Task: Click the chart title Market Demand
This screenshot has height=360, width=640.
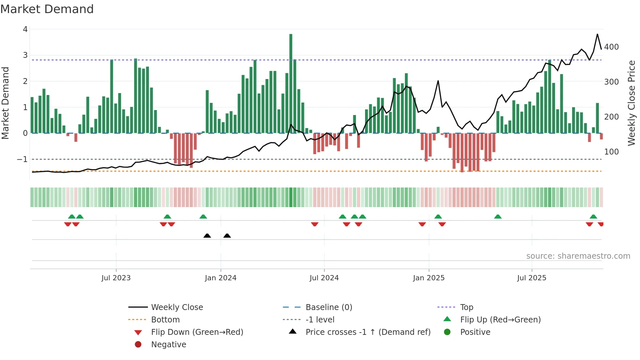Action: [x=47, y=9]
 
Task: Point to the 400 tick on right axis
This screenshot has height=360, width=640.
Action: [x=611, y=47]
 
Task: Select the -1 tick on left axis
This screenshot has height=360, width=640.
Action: [x=22, y=159]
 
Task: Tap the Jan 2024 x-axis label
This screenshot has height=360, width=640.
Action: [x=220, y=278]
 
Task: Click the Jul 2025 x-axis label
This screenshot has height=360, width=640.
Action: [x=532, y=278]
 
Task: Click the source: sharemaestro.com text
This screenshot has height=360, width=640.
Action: [x=578, y=256]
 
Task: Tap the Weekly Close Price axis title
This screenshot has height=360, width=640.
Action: [x=632, y=103]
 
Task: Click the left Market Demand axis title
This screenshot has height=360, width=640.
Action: [x=5, y=103]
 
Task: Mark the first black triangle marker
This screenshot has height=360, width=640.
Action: [x=207, y=236]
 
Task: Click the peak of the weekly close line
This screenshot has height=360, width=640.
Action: [x=597, y=34]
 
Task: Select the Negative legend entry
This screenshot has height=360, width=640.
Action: [x=168, y=345]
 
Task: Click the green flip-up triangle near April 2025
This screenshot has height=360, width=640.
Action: [x=498, y=217]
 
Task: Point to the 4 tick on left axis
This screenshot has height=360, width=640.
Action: [x=25, y=29]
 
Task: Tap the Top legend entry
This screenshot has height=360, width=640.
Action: [x=466, y=307]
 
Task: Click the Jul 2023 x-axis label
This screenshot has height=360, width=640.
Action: [x=116, y=278]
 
